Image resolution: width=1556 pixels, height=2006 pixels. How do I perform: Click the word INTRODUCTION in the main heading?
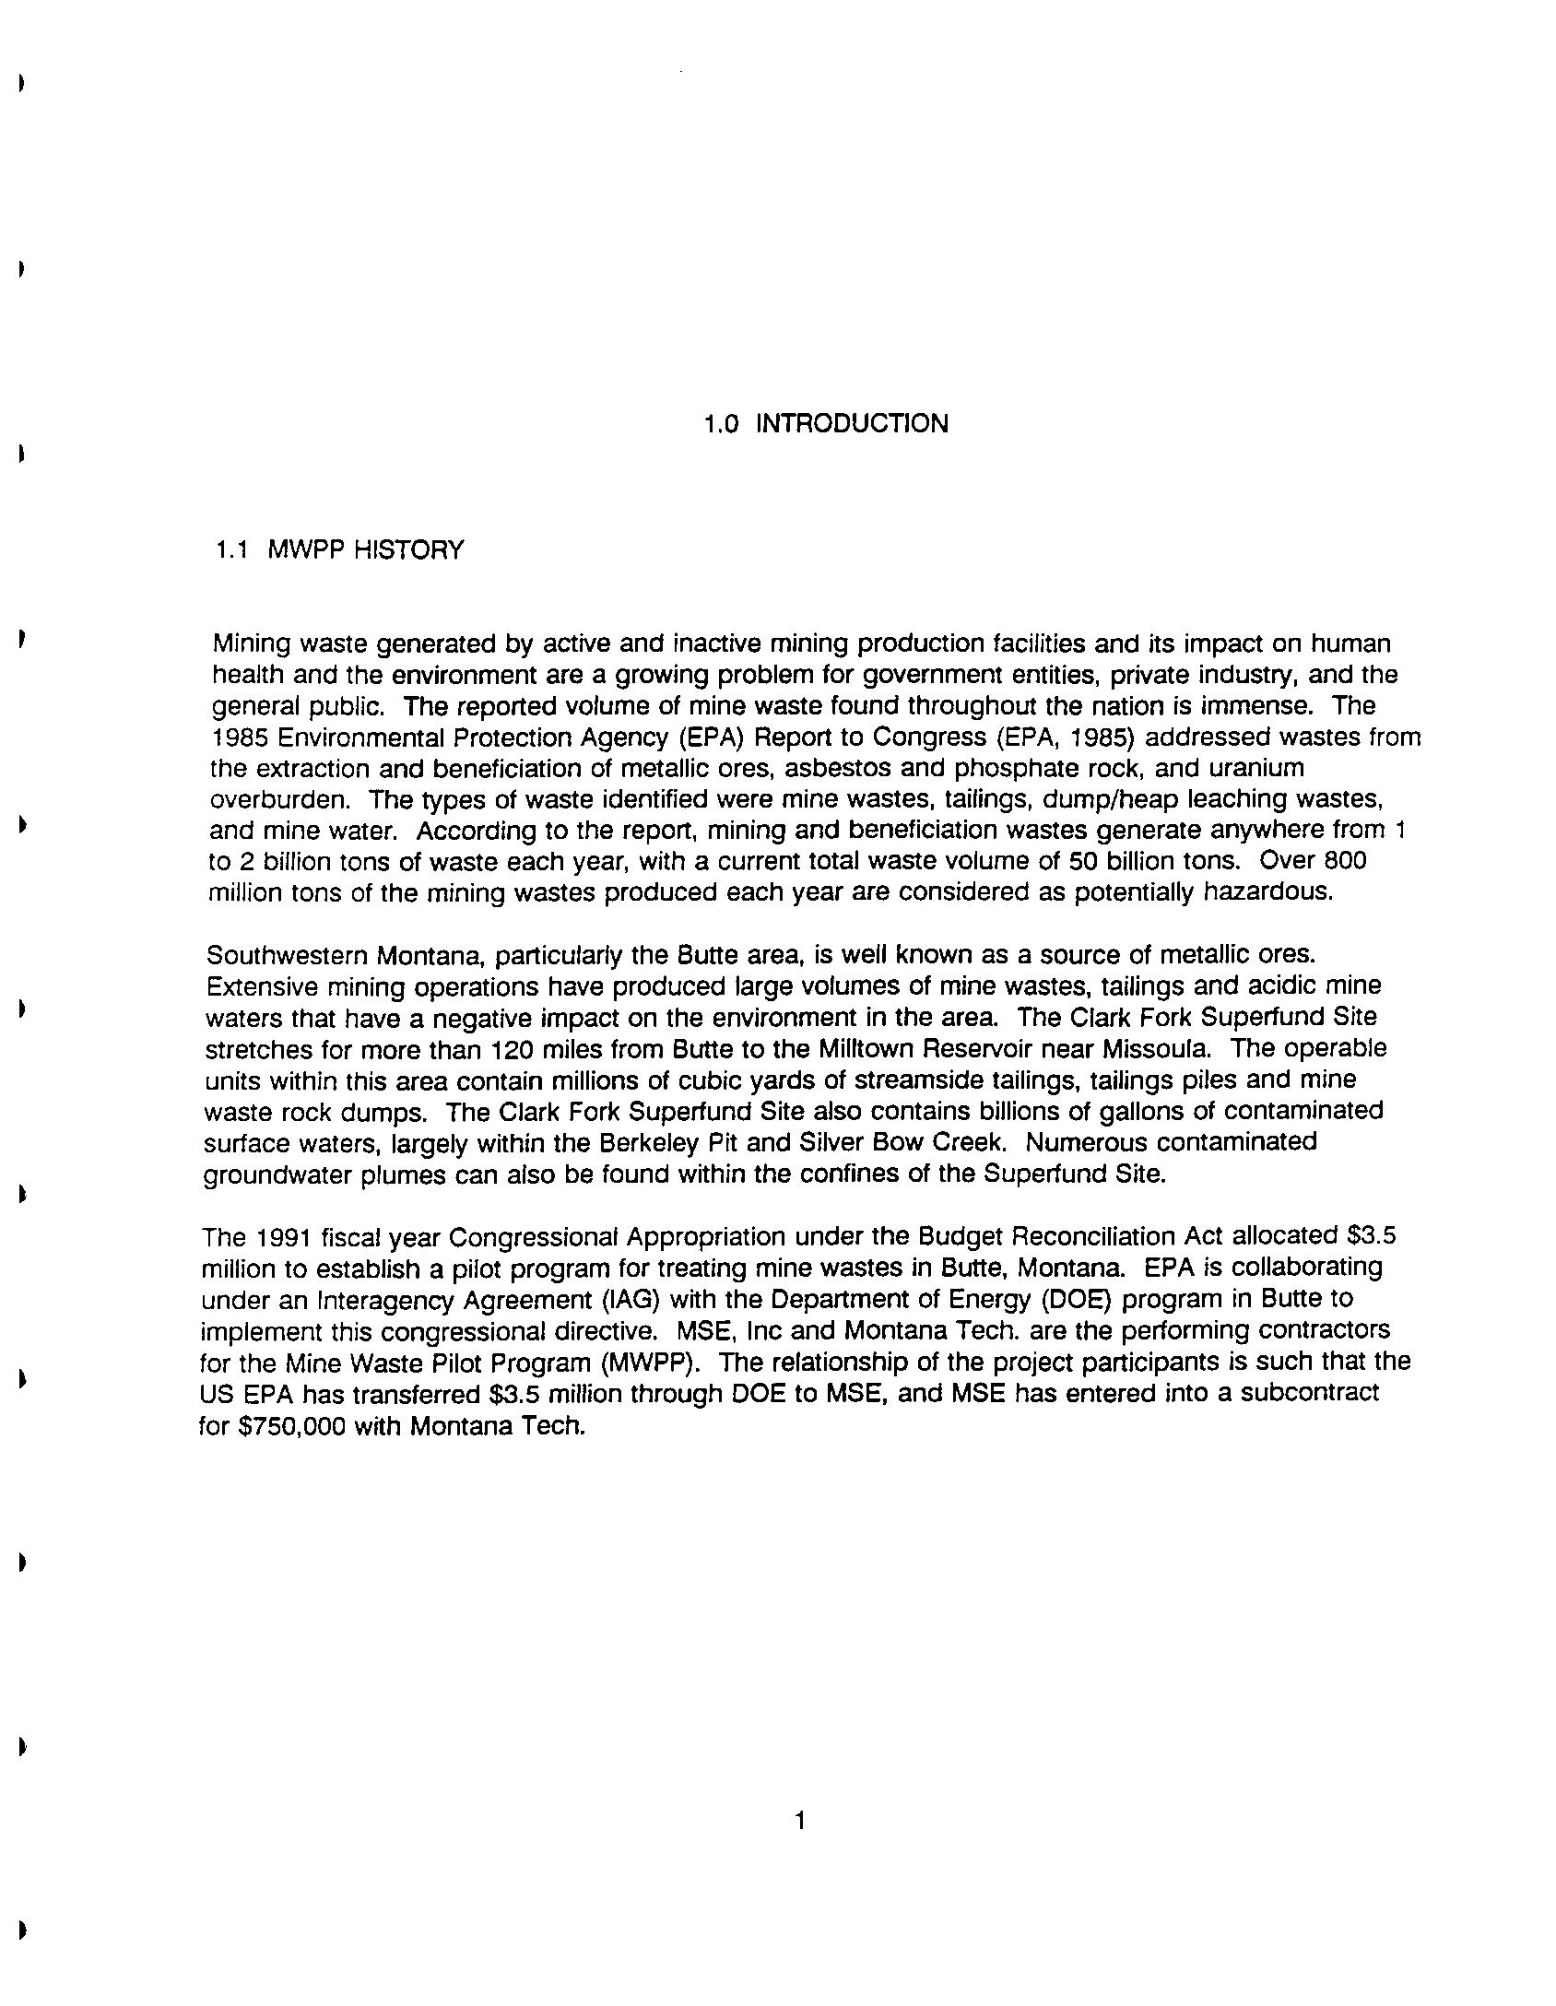pyautogui.click(x=852, y=424)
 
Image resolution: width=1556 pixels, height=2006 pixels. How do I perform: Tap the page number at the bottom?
pyautogui.click(x=799, y=1821)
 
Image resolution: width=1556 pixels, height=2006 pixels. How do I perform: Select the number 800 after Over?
pyautogui.click(x=1345, y=861)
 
